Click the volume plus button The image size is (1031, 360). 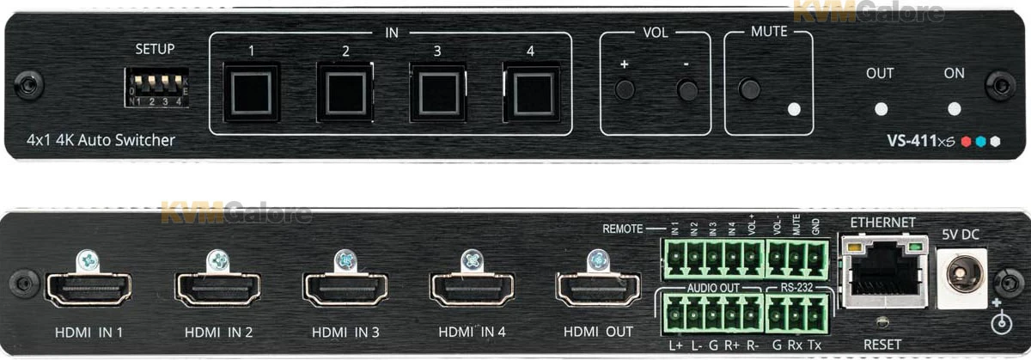click(x=625, y=88)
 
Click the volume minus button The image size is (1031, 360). click(x=686, y=88)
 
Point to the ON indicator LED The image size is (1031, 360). click(x=954, y=109)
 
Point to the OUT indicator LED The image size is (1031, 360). click(x=880, y=109)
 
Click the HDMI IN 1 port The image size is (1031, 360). click(x=88, y=290)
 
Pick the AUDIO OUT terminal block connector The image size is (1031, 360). click(x=711, y=314)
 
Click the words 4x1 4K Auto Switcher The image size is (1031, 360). click(x=101, y=139)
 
